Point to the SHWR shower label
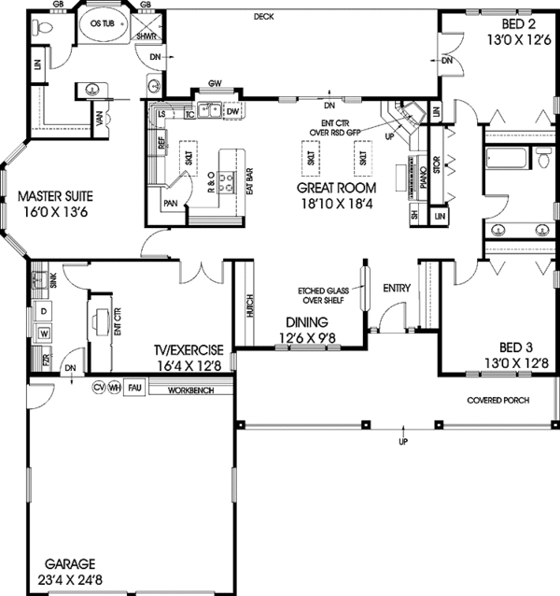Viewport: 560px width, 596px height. pyautogui.click(x=146, y=36)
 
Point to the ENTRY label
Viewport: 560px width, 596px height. pyautogui.click(x=398, y=289)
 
